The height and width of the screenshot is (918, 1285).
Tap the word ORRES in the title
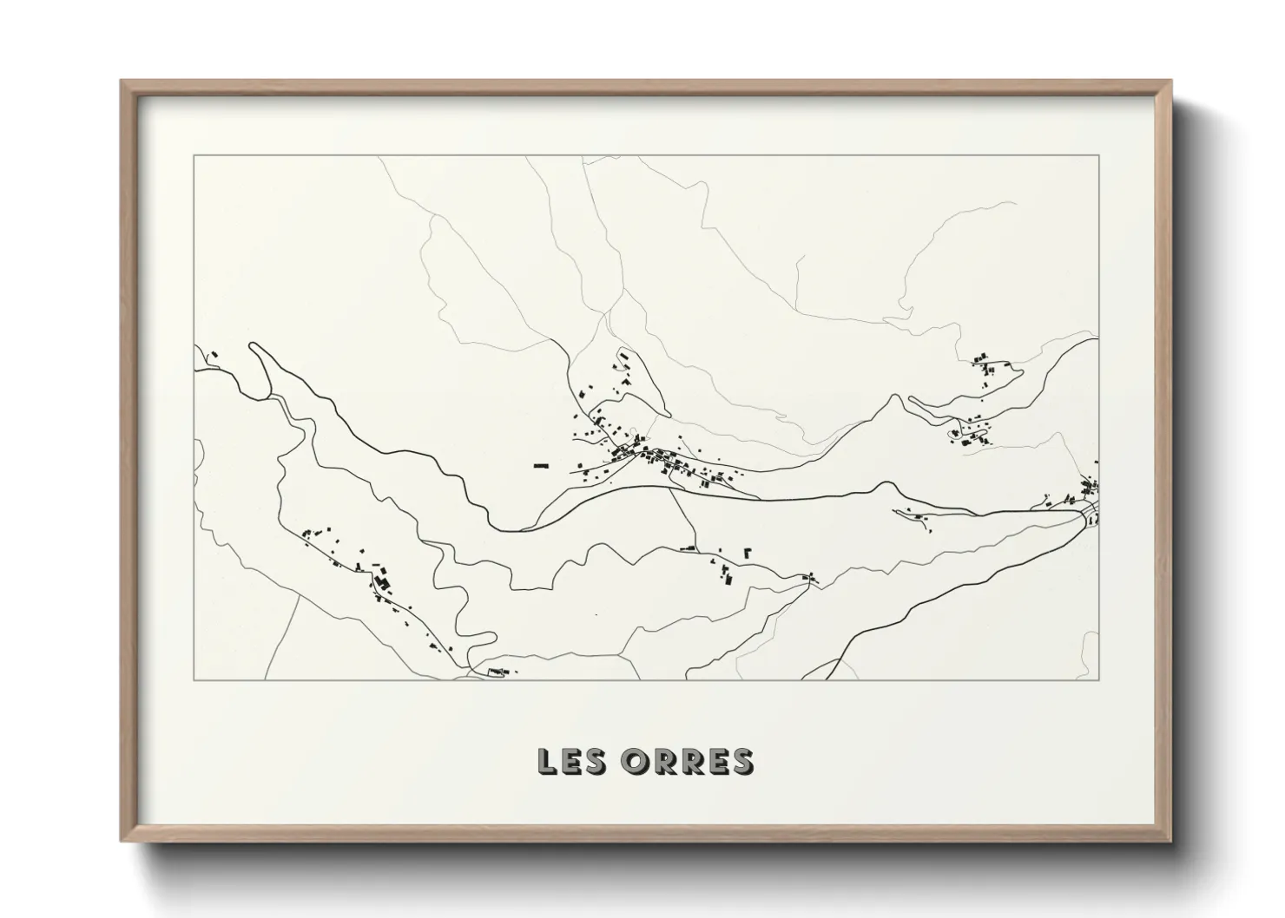[x=688, y=761]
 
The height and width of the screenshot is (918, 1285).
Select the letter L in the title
[x=548, y=761]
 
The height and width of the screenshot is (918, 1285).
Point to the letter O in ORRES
[x=634, y=761]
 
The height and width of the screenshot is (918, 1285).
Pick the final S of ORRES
[x=741, y=761]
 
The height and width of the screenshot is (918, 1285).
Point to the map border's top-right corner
[x=1098, y=155]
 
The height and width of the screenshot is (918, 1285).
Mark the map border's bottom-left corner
[x=194, y=679]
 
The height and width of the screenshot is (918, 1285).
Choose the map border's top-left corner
[x=194, y=155]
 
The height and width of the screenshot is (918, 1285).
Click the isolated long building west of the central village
[x=543, y=466]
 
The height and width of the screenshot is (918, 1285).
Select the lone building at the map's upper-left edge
[x=212, y=354]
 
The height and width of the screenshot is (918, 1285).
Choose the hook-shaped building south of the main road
[x=748, y=551]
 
